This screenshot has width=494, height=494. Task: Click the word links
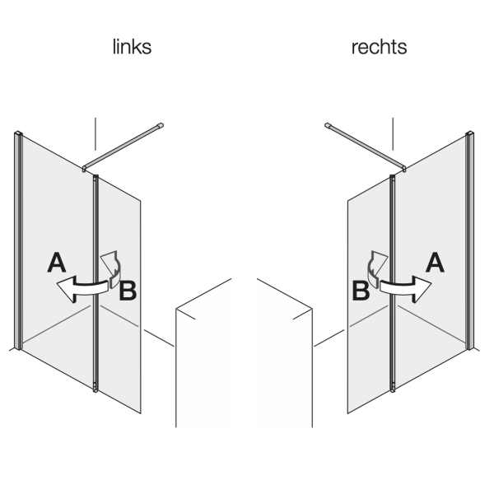coord(132,48)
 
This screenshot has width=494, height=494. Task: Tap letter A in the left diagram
coord(56,263)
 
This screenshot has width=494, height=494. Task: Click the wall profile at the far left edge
coord(18,239)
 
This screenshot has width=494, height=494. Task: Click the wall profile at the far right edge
coord(471,239)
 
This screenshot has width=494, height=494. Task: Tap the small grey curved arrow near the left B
coord(110,265)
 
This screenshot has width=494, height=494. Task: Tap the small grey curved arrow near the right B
coord(378,265)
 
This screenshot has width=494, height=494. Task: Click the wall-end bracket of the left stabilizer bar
coord(161,123)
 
